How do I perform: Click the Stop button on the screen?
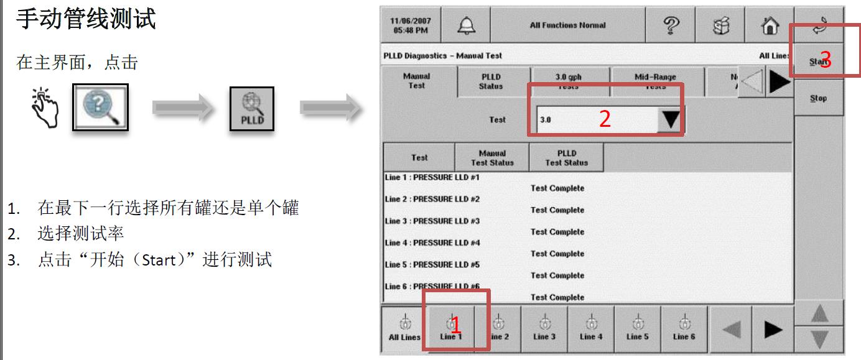click(x=818, y=98)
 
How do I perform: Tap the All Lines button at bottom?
click(x=404, y=329)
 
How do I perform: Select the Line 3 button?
click(x=544, y=329)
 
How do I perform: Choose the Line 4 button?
click(x=590, y=329)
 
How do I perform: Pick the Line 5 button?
click(x=637, y=329)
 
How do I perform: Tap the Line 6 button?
click(x=684, y=329)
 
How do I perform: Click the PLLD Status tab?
click(x=491, y=81)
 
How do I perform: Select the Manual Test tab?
click(x=416, y=81)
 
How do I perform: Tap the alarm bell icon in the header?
click(x=465, y=25)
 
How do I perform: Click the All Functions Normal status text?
click(x=567, y=25)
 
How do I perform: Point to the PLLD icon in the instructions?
click(x=252, y=109)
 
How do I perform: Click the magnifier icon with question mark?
click(x=101, y=107)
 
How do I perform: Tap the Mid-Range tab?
click(x=655, y=81)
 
